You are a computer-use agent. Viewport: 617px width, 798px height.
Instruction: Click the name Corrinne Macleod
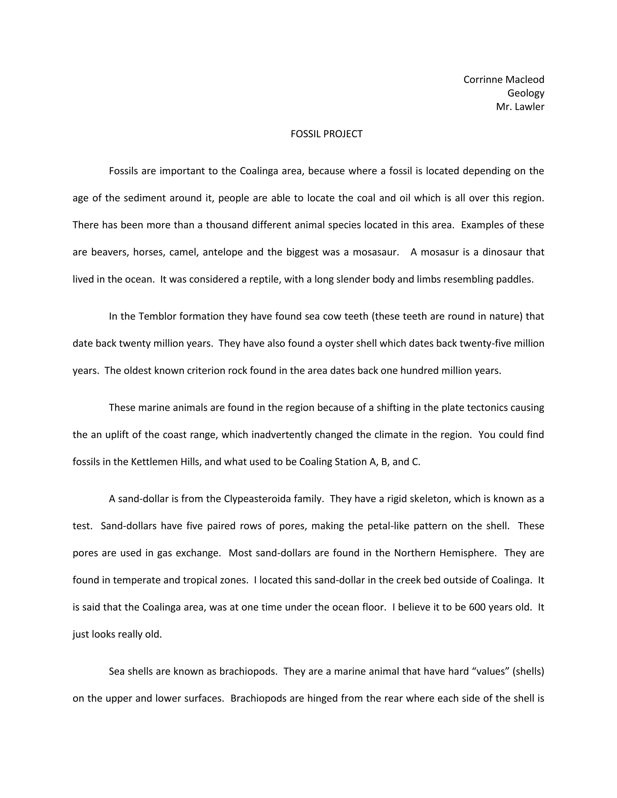point(504,80)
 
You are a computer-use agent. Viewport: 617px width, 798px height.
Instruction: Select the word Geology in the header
point(526,93)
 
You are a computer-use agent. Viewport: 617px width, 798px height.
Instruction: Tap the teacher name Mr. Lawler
point(520,107)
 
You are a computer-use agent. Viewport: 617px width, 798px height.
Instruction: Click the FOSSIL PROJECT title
point(326,134)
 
